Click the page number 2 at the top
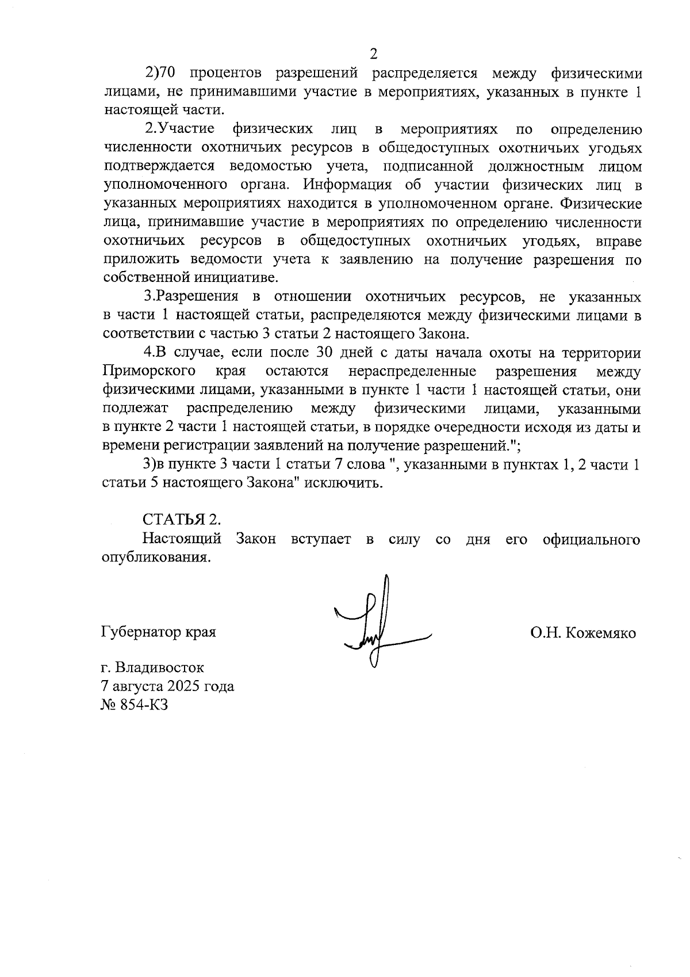[373, 55]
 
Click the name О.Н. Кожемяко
[583, 633]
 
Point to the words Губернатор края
[159, 632]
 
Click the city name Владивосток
[159, 667]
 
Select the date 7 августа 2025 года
[167, 686]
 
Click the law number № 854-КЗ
[134, 704]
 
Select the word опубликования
[154, 558]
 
